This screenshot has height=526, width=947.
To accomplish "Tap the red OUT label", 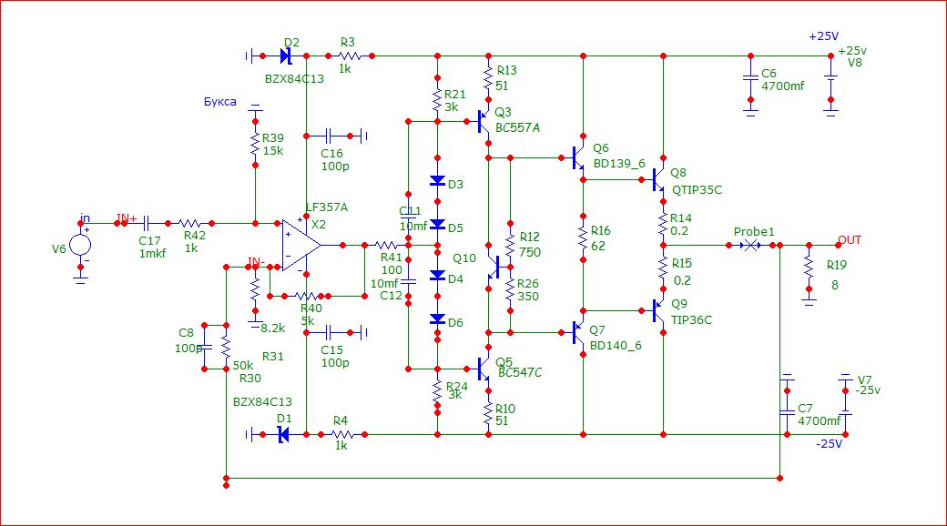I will (849, 239).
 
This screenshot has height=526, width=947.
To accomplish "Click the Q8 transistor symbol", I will (658, 180).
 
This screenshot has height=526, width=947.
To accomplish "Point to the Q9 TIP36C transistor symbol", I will (658, 311).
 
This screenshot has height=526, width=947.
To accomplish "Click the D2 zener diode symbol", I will (285, 56).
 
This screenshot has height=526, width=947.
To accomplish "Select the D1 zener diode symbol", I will (283, 434).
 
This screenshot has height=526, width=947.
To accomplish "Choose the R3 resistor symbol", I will (351, 56).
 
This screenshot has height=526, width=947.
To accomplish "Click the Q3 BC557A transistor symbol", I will (484, 118).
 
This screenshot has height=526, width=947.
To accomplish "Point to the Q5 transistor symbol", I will (484, 369).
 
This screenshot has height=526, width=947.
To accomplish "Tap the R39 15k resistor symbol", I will (256, 144).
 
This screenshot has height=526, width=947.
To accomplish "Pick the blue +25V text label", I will (823, 36).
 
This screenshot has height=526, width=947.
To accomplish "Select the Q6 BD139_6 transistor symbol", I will (579, 158).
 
